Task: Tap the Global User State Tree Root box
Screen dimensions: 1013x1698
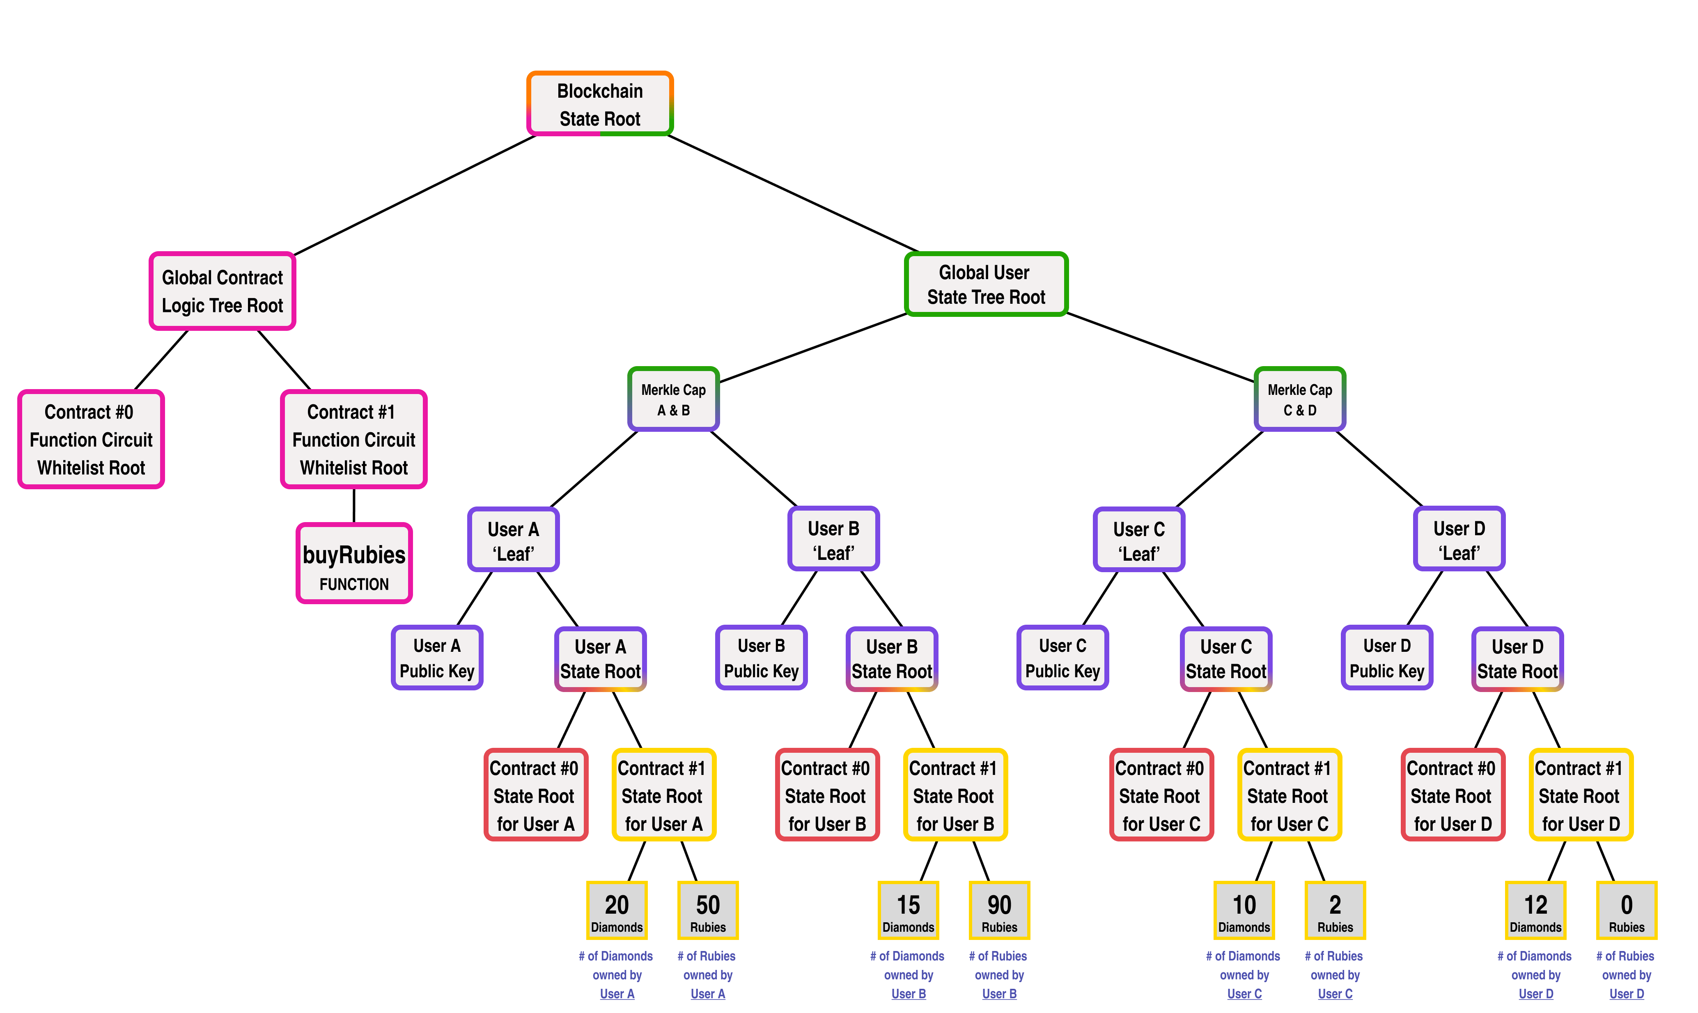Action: tap(985, 284)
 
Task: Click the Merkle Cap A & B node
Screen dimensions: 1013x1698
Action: tap(673, 399)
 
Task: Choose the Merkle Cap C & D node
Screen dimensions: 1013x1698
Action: tap(1299, 399)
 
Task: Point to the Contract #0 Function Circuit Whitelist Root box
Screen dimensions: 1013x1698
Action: tap(91, 440)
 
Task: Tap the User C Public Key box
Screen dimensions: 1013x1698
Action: tap(1062, 658)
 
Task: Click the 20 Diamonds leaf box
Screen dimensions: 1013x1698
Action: tap(617, 911)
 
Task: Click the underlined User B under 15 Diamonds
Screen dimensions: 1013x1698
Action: tap(908, 994)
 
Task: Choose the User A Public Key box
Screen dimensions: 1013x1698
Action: tap(437, 658)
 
